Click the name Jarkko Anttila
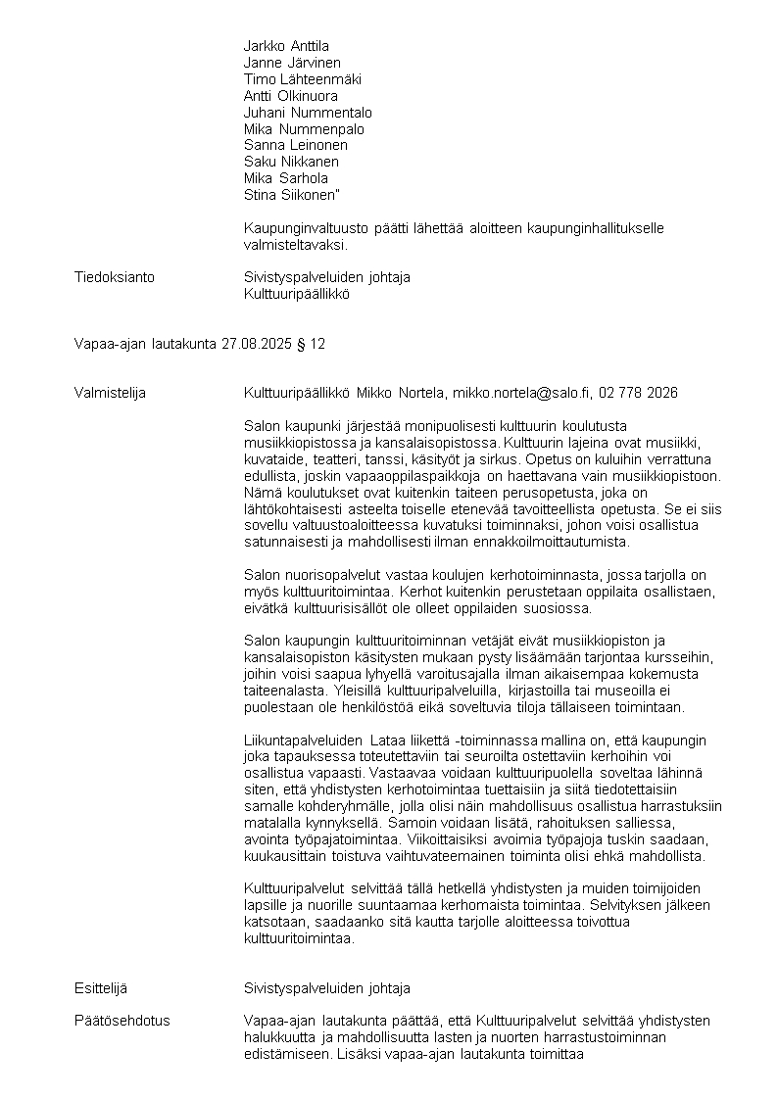(x=286, y=46)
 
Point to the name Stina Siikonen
(x=285, y=195)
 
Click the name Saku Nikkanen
(x=291, y=162)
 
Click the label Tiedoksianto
(x=115, y=277)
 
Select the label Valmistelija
(x=111, y=393)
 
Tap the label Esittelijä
(x=101, y=988)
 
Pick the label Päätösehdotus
(x=122, y=1021)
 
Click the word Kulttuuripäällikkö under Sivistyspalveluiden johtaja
(x=296, y=294)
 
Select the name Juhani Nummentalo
(x=308, y=113)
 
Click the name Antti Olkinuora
(x=290, y=96)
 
